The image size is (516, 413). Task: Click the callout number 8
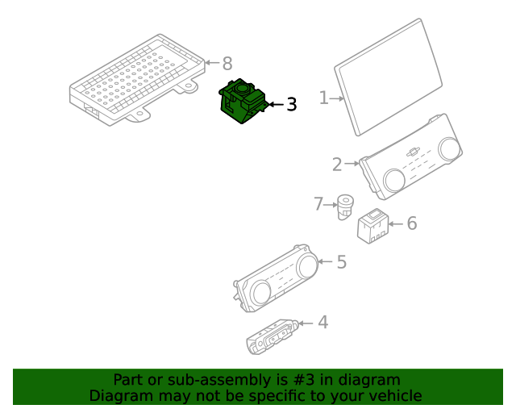pos(227,63)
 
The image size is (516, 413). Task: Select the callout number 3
pos(292,104)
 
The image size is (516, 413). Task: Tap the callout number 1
pos(324,98)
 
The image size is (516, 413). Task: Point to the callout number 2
pos(337,165)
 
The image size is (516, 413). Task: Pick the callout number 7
pos(318,204)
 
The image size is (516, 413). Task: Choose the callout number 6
pos(412,223)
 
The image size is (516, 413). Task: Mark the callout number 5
pos(342,262)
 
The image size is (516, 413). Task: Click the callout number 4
pos(323,322)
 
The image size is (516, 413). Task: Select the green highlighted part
pos(242,102)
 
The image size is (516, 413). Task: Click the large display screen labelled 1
pos(389,77)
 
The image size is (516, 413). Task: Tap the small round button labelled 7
pos(345,206)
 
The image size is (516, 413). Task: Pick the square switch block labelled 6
pos(373,226)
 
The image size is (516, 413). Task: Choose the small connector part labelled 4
pos(273,336)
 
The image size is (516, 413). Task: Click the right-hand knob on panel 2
pos(449,149)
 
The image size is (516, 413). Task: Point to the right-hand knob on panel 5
pos(307,265)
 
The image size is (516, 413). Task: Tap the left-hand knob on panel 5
pos(260,293)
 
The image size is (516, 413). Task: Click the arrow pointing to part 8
pos(212,62)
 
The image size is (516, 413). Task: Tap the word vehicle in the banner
pos(398,396)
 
